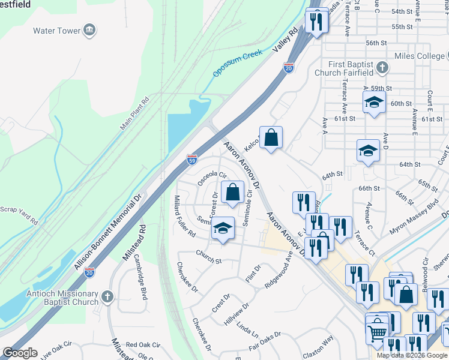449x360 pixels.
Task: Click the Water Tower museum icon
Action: pos(89,31)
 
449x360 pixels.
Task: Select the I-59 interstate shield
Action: pos(191,158)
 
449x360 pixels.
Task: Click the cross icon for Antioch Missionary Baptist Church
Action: pos(107,296)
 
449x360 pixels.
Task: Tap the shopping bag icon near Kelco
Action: pos(271,137)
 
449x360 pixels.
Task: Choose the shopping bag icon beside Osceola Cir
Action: pos(232,193)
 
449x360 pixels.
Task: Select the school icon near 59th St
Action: pos(374,102)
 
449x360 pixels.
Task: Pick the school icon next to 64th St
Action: pos(368,151)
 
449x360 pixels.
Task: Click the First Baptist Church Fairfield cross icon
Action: pos(381,68)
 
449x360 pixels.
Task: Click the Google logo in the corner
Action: pos(20,353)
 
